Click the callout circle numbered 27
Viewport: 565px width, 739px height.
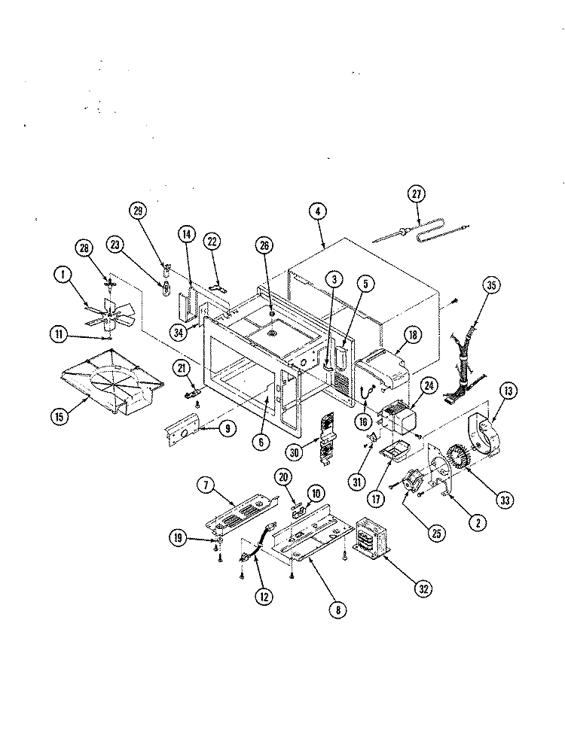416,194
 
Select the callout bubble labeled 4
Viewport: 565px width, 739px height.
318,211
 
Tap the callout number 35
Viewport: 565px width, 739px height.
491,285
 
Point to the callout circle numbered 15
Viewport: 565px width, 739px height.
60,416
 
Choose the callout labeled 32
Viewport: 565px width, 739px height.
424,588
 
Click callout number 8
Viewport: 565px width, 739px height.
337,610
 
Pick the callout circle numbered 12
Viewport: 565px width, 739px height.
264,597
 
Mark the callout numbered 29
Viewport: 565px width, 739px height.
138,211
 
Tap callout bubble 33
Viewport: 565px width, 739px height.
505,500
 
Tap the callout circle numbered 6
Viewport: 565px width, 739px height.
261,441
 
